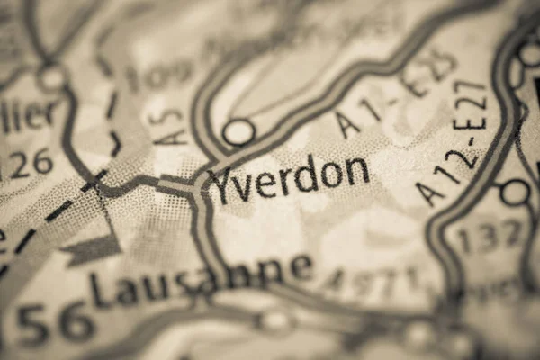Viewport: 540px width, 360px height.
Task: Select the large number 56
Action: click(x=56, y=322)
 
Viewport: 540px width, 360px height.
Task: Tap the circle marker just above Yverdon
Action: click(x=238, y=132)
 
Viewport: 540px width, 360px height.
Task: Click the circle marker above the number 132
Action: click(x=515, y=192)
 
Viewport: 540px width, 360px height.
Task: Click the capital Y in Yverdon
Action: click(x=220, y=185)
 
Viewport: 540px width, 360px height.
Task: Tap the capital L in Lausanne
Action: click(x=100, y=291)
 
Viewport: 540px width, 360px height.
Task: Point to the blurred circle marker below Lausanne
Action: click(x=274, y=319)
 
